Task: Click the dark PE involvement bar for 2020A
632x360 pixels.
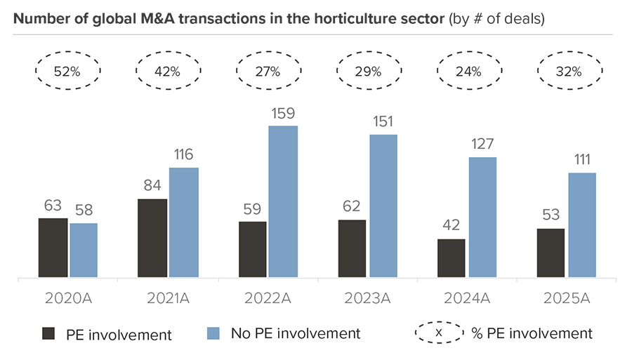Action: point(53,248)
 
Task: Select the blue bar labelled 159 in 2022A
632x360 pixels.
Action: point(283,202)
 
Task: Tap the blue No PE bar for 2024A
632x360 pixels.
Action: point(482,218)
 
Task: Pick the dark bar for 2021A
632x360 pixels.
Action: point(152,239)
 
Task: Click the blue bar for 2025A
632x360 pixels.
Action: point(581,225)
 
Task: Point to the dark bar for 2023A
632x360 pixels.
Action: point(352,249)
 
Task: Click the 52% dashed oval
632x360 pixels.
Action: point(68,71)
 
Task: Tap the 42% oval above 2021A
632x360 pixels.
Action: point(167,71)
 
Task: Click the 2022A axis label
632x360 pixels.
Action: point(268,297)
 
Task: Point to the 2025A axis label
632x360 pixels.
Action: point(567,297)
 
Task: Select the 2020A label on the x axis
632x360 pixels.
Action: point(68,297)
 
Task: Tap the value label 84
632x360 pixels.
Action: point(152,185)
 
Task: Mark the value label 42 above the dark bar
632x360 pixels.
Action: point(452,225)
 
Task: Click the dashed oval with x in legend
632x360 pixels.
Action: point(439,333)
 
